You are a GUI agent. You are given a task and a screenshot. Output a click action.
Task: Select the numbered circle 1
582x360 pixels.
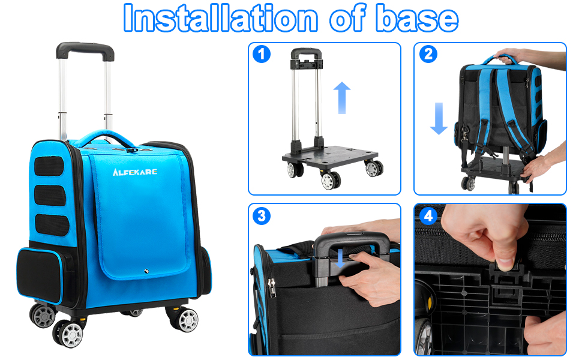[261, 54]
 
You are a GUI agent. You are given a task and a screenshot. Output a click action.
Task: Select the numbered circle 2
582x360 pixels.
[427, 54]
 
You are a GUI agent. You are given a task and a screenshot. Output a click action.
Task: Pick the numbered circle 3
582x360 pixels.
[261, 215]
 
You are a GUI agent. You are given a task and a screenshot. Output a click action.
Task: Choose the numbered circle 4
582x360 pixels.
[427, 215]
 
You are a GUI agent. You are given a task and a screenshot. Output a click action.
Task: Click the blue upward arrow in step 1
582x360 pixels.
[341, 98]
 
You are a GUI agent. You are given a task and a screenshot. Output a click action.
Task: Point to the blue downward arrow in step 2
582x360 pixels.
[439, 118]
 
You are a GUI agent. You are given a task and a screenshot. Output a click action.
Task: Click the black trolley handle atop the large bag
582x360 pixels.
[86, 50]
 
